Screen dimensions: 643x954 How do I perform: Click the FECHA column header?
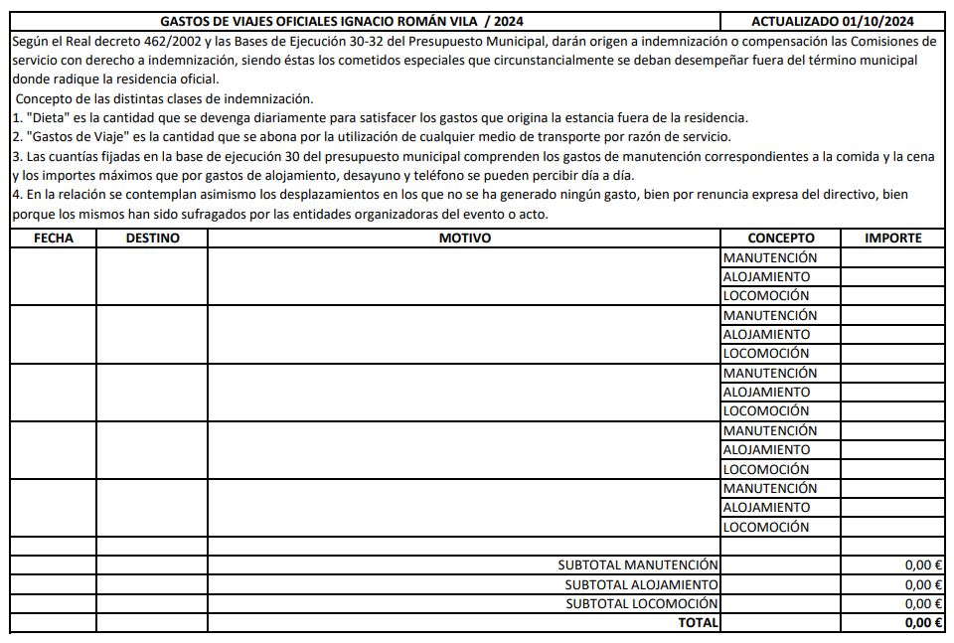pyautogui.click(x=53, y=238)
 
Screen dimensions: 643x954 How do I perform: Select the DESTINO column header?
pyautogui.click(x=152, y=238)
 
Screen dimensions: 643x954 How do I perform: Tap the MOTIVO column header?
pyautogui.click(x=464, y=238)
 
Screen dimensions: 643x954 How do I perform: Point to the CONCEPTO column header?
pyautogui.click(x=780, y=238)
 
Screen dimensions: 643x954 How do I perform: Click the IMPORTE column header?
pyautogui.click(x=892, y=238)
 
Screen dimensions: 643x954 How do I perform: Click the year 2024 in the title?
pyautogui.click(x=508, y=21)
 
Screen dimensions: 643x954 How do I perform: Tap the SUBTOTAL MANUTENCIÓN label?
pyautogui.click(x=637, y=564)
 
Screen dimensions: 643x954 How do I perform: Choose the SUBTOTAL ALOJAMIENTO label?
pyautogui.click(x=641, y=584)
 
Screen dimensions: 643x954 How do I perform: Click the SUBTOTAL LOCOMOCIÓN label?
pyautogui.click(x=641, y=603)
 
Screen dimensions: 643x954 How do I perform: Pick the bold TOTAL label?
pyautogui.click(x=698, y=622)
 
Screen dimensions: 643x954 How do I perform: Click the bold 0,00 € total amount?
pyautogui.click(x=923, y=622)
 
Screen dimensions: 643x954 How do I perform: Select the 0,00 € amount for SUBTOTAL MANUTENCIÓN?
pyautogui.click(x=923, y=564)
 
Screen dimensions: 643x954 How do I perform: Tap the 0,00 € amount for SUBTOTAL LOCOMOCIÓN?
pyautogui.click(x=923, y=603)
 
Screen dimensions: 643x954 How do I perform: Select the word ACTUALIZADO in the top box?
pyautogui.click(x=791, y=21)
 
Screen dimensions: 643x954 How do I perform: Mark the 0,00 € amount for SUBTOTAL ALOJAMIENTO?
pyautogui.click(x=923, y=584)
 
